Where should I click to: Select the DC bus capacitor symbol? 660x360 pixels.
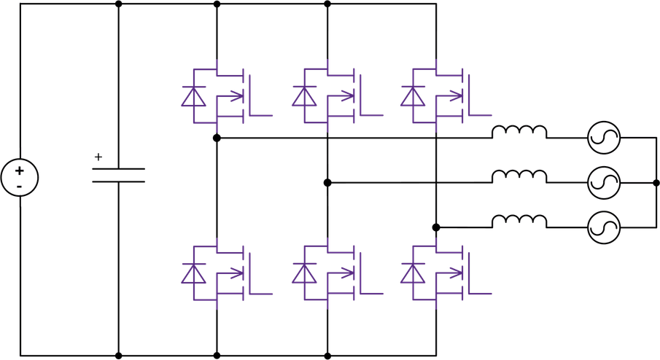coord(118,174)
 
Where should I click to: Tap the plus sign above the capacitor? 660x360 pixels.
coord(98,156)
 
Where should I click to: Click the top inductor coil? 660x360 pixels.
coord(519,132)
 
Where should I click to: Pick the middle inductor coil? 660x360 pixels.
coord(519,176)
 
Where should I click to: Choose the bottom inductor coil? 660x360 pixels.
coord(519,220)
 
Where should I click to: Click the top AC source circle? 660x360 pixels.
coord(605,137)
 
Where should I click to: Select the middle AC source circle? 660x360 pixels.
coord(605,181)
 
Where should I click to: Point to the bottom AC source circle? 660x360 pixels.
coord(605,226)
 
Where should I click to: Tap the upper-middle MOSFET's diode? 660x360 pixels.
coord(303,96)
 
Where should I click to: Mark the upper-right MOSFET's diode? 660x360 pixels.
coord(412,96)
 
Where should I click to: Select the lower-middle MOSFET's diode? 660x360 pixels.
coord(303,273)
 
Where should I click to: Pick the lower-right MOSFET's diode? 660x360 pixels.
coord(412,273)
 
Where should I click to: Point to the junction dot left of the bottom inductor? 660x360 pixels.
coord(436,227)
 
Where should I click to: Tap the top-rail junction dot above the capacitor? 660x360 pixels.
coord(118,4)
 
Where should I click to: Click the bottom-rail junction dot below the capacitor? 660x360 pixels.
coord(118,356)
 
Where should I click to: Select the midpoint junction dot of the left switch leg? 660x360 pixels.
coord(217,137)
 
